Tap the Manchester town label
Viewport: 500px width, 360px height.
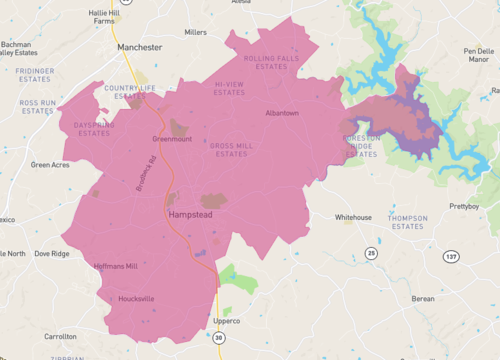click(x=139, y=47)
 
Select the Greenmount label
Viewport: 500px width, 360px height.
click(x=171, y=139)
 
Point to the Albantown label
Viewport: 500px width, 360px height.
click(x=281, y=113)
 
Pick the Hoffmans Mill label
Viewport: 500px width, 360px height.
click(x=115, y=266)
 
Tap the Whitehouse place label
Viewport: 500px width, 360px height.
click(x=353, y=217)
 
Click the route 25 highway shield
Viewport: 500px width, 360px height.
click(x=372, y=253)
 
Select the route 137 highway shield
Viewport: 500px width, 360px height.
click(x=451, y=257)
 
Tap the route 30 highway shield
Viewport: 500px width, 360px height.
click(x=219, y=341)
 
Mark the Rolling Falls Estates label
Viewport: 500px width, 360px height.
click(x=270, y=63)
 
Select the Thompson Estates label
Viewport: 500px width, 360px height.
click(x=407, y=223)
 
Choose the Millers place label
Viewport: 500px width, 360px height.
click(x=196, y=32)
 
